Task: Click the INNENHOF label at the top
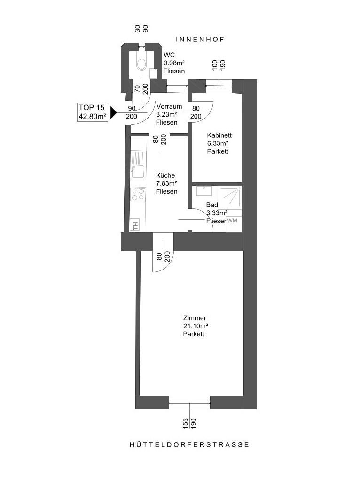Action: point(199,40)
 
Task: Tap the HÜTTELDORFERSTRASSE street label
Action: point(189,444)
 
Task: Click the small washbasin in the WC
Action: point(153,73)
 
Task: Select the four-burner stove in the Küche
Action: point(138,194)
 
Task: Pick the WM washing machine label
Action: point(232,221)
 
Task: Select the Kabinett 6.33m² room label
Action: point(218,143)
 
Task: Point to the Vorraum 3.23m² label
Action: point(167,114)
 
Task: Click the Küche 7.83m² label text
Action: point(166,183)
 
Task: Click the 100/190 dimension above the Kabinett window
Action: point(219,65)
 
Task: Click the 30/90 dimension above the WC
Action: point(141,28)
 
